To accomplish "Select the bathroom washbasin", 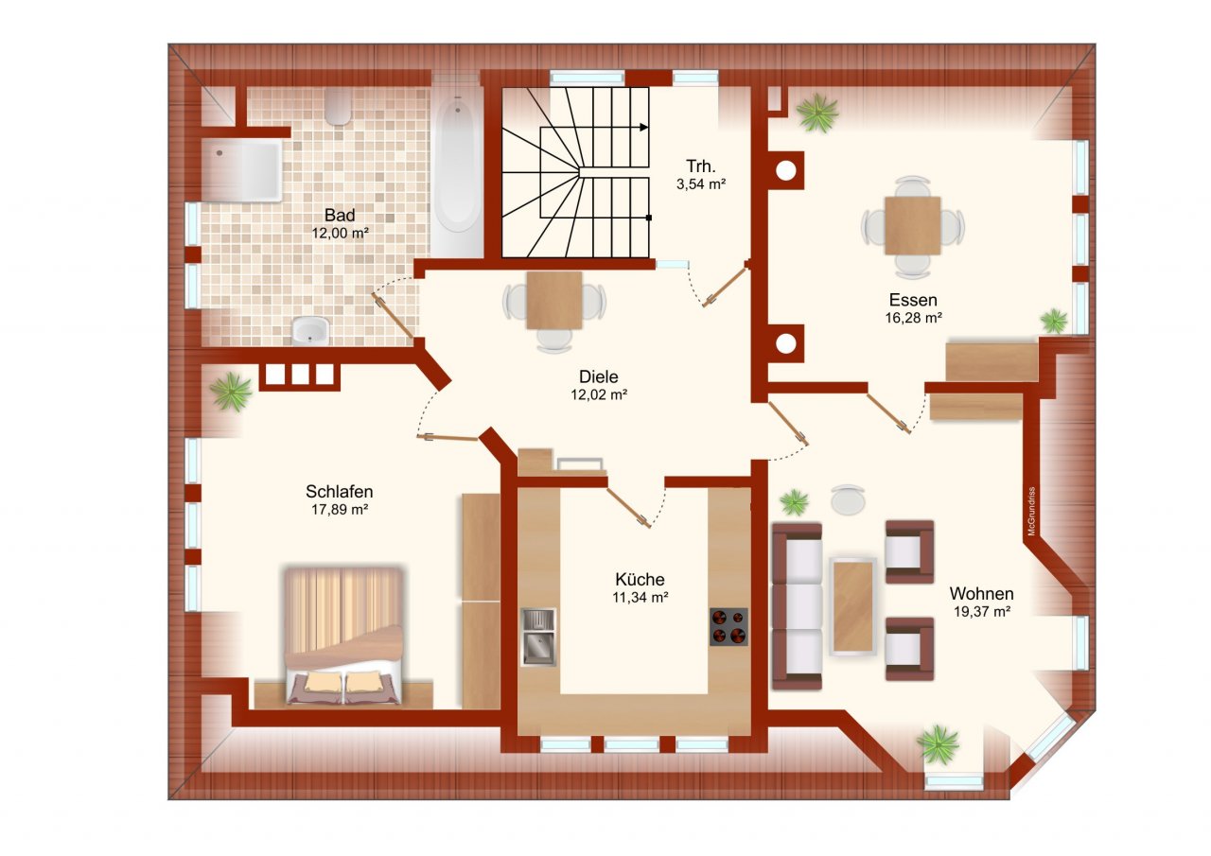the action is tap(310, 331).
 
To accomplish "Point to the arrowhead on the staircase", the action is tap(644, 128).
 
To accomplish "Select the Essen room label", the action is tap(913, 300).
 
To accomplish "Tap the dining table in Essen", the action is tap(913, 226).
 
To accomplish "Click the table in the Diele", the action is tap(554, 301).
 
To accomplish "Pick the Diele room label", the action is tap(599, 376).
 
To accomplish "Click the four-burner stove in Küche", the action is tap(728, 626).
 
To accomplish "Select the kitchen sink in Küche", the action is tap(538, 638).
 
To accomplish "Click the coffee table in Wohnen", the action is tap(853, 606).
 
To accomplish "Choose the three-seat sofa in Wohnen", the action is tap(797, 606).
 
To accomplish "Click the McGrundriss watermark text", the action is tap(1031, 511).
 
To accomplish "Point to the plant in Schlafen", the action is tap(232, 392).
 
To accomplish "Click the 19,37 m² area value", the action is tap(982, 612).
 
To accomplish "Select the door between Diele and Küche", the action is tap(627, 507).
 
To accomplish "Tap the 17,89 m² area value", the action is tap(340, 509).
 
